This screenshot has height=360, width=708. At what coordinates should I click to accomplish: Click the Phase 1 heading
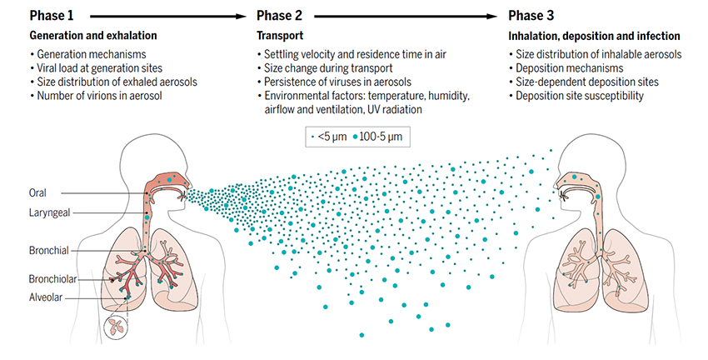click(52, 15)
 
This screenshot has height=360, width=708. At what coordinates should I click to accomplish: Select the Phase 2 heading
click(280, 15)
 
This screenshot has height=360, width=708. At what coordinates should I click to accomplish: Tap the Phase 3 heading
click(531, 15)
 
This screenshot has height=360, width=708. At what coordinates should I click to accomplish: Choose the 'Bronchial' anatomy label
click(49, 250)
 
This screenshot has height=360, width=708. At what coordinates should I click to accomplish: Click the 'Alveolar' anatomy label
click(47, 297)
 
